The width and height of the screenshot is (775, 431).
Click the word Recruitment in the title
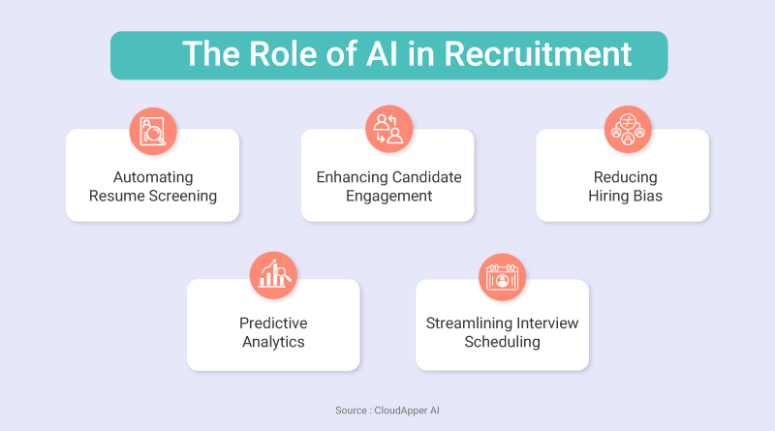[538, 53]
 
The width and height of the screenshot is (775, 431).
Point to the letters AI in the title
[382, 53]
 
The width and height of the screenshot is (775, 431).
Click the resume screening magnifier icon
[153, 132]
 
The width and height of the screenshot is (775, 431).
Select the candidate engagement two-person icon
[389, 129]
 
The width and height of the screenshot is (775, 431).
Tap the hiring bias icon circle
[628, 130]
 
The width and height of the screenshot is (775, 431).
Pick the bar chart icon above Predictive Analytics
[273, 275]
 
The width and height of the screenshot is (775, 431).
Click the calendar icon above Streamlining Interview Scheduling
[502, 277]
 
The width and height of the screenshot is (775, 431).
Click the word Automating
[153, 177]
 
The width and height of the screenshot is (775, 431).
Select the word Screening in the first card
[183, 196]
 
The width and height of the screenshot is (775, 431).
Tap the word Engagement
[389, 196]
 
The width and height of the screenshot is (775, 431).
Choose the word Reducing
[625, 177]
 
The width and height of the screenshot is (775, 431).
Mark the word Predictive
[273, 323]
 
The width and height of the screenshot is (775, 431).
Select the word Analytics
[273, 342]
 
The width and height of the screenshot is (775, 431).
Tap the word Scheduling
[502, 342]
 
